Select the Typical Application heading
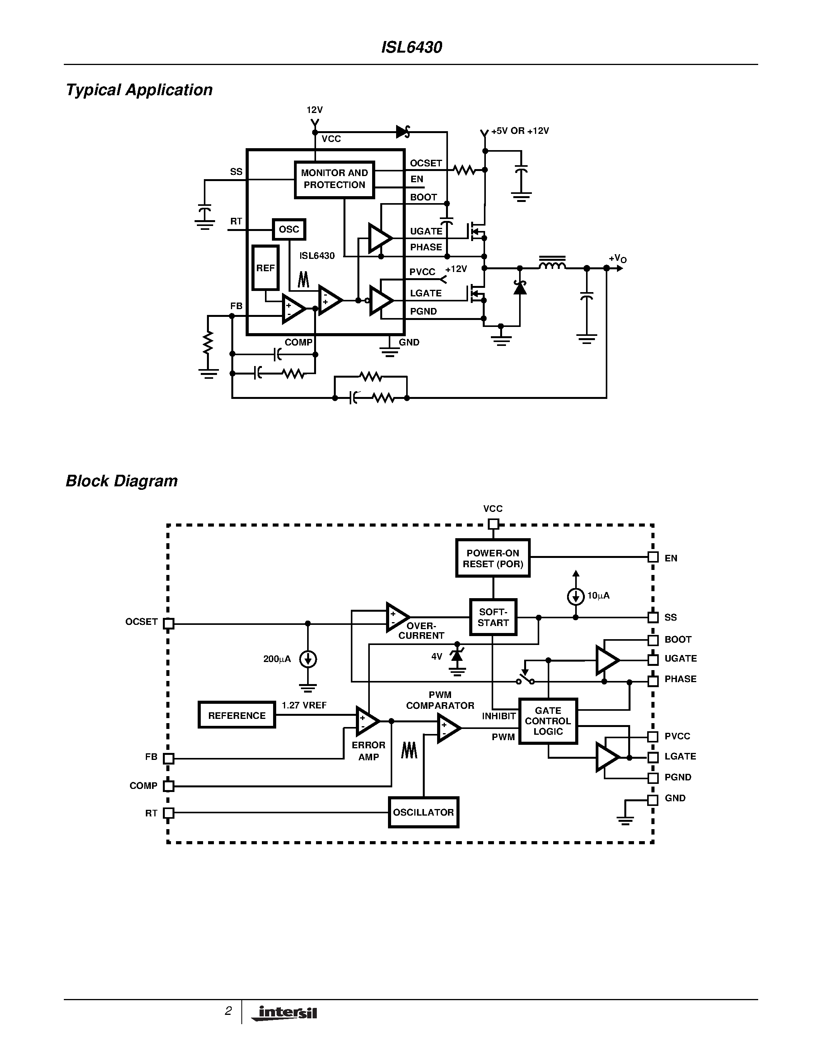[x=139, y=90]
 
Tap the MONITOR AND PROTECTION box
[x=334, y=179]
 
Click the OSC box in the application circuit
[x=289, y=229]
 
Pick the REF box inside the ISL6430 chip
[x=265, y=268]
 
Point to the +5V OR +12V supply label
[x=520, y=131]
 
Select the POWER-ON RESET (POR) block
[x=493, y=558]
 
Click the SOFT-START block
[x=493, y=617]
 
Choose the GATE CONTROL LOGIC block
[x=548, y=721]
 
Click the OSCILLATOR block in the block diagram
[x=423, y=812]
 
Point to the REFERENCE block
[x=237, y=715]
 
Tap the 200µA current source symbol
[x=308, y=659]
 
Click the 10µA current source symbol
[x=576, y=596]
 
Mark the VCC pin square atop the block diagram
[x=493, y=524]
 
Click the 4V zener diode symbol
[x=457, y=656]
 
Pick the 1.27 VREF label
[x=304, y=705]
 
